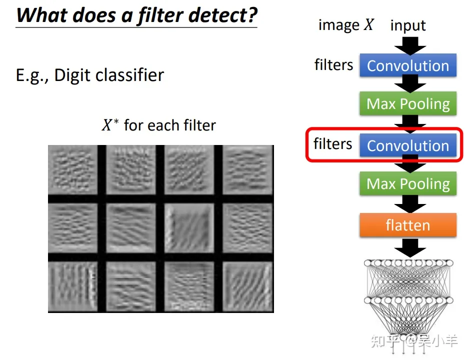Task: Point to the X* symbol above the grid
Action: coord(110,124)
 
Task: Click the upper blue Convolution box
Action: coord(408,65)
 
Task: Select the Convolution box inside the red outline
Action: coord(408,145)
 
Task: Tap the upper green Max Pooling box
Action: coord(408,103)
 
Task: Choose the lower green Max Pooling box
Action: coord(408,183)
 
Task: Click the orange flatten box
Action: coord(408,225)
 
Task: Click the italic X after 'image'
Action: coord(368,24)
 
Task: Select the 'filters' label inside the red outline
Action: coord(332,143)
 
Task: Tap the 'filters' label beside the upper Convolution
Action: coord(333,64)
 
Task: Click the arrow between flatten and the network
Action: coord(410,247)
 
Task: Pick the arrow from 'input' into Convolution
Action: coord(410,46)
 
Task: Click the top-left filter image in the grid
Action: coord(73,169)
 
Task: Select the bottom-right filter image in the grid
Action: coord(248,286)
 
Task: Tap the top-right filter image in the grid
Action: coord(248,169)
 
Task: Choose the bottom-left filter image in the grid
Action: coord(73,286)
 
